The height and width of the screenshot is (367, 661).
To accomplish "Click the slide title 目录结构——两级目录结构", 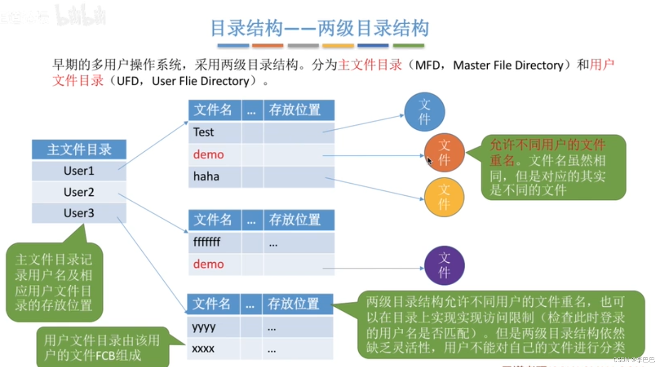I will [319, 28].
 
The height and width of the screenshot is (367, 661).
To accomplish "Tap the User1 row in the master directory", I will [79, 171].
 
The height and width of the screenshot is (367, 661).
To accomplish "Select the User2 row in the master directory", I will [79, 192].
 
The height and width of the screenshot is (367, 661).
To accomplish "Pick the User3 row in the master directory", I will [79, 213].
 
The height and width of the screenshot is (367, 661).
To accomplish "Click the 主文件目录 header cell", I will [79, 149].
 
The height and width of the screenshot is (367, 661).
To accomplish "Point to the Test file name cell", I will [204, 132].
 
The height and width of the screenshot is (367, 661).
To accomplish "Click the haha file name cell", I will [206, 177].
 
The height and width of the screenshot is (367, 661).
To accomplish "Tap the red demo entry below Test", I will [208, 155].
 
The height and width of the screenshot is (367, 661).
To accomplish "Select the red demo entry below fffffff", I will [208, 264].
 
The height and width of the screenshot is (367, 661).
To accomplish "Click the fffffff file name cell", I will [207, 242].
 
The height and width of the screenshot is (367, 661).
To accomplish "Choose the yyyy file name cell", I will [204, 327].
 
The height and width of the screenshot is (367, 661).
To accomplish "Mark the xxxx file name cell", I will [203, 349].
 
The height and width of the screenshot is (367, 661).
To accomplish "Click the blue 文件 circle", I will [424, 112].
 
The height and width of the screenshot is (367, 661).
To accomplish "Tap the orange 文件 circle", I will [444, 153].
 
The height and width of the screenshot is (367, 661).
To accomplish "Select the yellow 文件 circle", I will [444, 197].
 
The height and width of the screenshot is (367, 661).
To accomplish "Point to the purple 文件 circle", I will [444, 266].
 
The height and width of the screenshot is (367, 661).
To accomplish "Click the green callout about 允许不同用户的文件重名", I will [553, 167].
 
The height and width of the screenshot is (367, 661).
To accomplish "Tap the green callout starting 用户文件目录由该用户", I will [102, 347].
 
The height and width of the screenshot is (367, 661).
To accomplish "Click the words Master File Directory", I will [508, 65].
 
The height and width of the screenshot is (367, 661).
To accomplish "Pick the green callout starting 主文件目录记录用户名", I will [54, 283].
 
